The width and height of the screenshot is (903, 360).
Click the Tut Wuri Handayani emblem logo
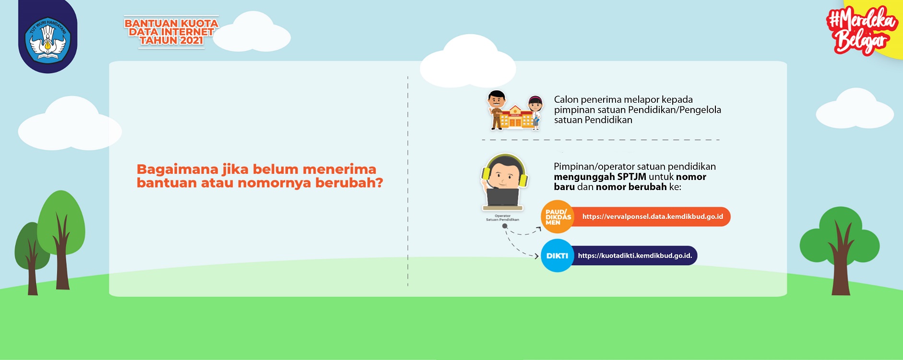pyautogui.click(x=48, y=39)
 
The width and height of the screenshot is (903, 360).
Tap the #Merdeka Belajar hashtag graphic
pyautogui.click(x=862, y=30)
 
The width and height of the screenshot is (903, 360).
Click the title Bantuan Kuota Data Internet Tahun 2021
pyautogui.click(x=171, y=32)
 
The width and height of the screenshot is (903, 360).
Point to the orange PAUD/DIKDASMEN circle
pyautogui.click(x=558, y=217)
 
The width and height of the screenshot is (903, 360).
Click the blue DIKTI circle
pyautogui.click(x=557, y=255)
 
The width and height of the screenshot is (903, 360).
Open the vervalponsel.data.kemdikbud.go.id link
pyautogui.click(x=653, y=216)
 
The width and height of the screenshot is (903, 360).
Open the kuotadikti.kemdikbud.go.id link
pyautogui.click(x=635, y=255)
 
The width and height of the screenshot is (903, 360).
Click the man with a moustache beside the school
pyautogui.click(x=496, y=110)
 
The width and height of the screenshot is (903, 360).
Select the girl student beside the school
pyautogui.click(x=535, y=112)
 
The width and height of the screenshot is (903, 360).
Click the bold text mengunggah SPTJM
pyautogui.click(x=600, y=177)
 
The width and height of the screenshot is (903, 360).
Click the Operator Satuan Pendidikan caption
pyautogui.click(x=502, y=218)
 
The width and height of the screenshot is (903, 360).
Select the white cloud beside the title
pyautogui.click(x=251, y=32)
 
